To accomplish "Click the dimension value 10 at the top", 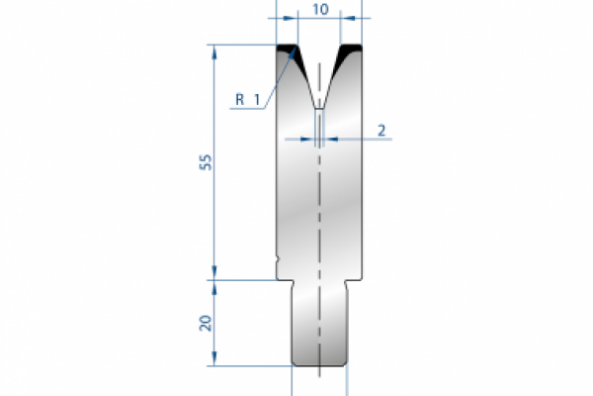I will coord(319,8).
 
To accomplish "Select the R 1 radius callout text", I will coord(248,98).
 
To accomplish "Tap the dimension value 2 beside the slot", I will coord(381,130).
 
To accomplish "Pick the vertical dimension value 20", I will coord(205,324).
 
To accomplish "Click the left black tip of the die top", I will coord(288,48).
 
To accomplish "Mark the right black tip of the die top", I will coord(350,48).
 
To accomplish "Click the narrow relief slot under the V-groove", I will coord(319,123).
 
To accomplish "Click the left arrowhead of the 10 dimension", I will coord(285,18).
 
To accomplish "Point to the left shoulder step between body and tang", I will coord(286,279).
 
